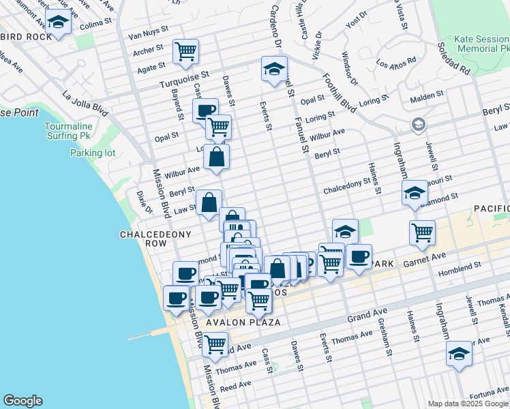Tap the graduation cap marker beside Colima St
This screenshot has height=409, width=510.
click(x=59, y=24)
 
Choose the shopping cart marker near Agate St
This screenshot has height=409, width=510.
click(x=185, y=51)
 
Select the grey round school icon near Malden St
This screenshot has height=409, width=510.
click(x=418, y=125)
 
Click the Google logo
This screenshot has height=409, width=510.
click(x=22, y=401)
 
